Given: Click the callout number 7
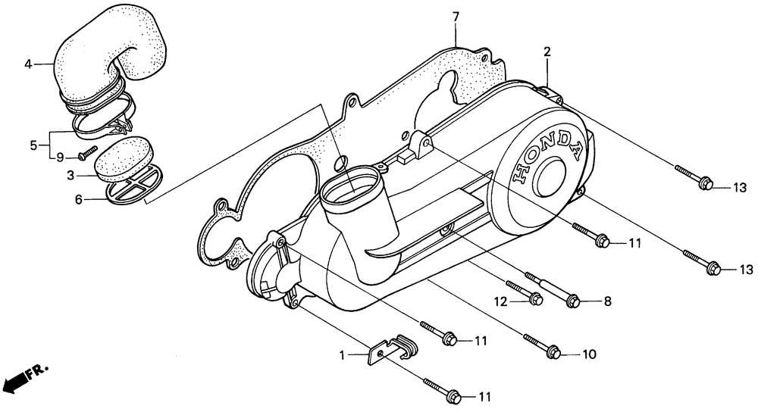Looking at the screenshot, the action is pyautogui.click(x=456, y=17).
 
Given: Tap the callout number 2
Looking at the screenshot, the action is pyautogui.click(x=547, y=51).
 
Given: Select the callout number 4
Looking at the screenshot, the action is pyautogui.click(x=28, y=64).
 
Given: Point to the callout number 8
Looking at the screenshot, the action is pyautogui.click(x=608, y=301).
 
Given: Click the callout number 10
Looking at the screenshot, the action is pyautogui.click(x=589, y=354).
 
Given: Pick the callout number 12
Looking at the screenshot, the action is pyautogui.click(x=501, y=302).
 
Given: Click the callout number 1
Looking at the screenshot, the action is pyautogui.click(x=343, y=356).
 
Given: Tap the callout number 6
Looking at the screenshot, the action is pyautogui.click(x=78, y=199).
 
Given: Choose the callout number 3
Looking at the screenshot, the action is pyautogui.click(x=70, y=176).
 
